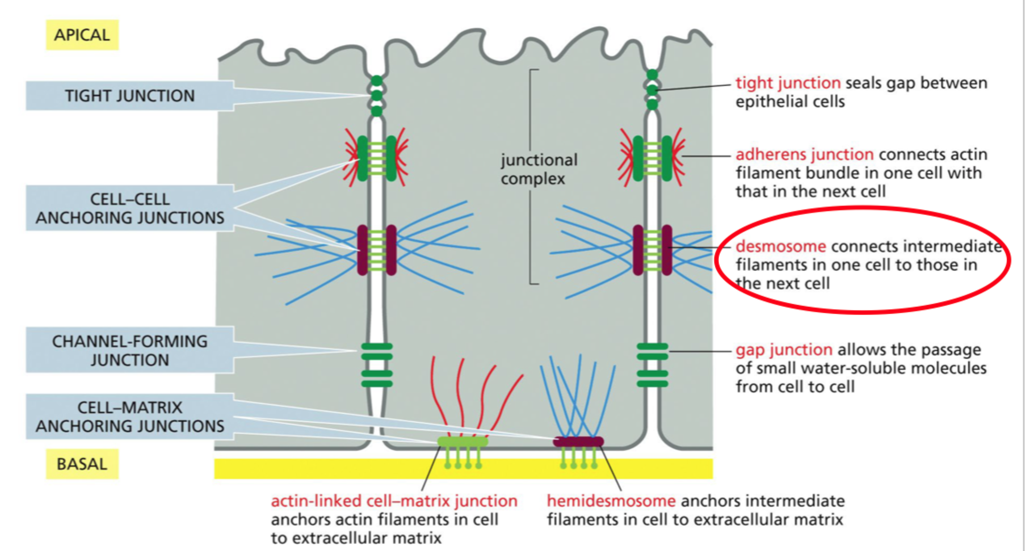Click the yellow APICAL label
82,35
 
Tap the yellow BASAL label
82,464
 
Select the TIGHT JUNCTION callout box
130,95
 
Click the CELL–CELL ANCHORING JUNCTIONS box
130,208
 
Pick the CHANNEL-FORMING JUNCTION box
130,350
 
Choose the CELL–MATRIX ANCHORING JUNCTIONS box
130,416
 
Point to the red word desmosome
781,246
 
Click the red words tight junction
788,83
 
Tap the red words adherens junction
805,154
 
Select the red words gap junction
784,349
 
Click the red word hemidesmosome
611,501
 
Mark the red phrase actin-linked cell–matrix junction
394,501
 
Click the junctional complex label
539,169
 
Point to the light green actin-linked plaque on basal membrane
463,442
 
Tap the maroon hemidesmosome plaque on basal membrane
579,442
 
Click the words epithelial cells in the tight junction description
790,102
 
